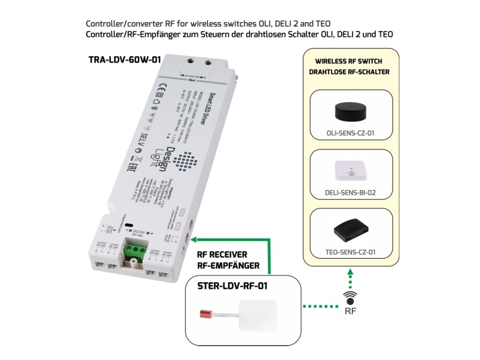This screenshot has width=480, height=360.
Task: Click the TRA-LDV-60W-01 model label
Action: click(x=124, y=60)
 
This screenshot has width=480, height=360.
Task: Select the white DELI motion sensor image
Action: click(x=351, y=171)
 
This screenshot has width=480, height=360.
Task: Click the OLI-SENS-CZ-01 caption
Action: click(x=351, y=133)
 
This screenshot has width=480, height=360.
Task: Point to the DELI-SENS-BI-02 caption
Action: click(x=351, y=192)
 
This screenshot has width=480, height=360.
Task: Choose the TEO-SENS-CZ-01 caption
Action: click(x=351, y=252)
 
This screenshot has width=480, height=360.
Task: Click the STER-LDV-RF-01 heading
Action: click(x=232, y=285)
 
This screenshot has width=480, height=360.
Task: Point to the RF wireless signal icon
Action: click(x=350, y=299)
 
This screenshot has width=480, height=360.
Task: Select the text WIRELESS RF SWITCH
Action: click(x=349, y=61)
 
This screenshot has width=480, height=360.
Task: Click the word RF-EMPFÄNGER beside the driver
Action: click(x=228, y=266)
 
